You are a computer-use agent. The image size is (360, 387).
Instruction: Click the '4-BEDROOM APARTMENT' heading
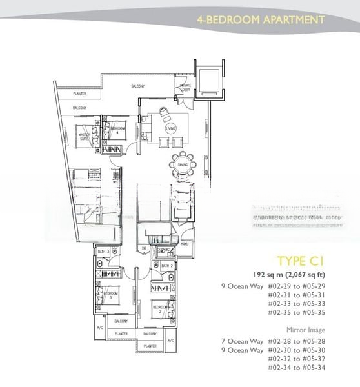[261, 19]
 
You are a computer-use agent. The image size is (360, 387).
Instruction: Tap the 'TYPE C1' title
[299, 261]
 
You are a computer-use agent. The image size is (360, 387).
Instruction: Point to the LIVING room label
[170, 129]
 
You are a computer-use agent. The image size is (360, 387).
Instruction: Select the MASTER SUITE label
[85, 137]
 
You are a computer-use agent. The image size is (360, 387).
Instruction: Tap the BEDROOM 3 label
[108, 295]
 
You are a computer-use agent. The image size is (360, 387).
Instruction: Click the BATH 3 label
[103, 252]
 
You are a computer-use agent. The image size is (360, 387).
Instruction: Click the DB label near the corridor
[145, 248]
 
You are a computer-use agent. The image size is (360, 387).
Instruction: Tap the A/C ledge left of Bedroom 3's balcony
[99, 327]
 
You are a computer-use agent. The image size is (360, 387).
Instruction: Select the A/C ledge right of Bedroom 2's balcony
[170, 340]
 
